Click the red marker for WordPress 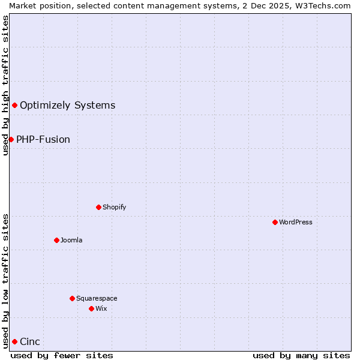275,222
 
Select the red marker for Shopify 98,207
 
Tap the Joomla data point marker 56,240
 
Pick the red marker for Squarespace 72,298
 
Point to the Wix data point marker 91,308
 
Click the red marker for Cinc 14,341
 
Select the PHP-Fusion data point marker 11,139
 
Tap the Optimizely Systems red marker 14,106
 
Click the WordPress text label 296,222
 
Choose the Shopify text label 114,207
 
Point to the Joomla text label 71,240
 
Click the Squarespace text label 97,298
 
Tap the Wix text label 101,308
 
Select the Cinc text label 30,342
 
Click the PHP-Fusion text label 43,140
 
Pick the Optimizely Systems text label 68,106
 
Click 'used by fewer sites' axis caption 62,355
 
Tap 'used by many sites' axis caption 301,355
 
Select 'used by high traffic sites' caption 5,85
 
